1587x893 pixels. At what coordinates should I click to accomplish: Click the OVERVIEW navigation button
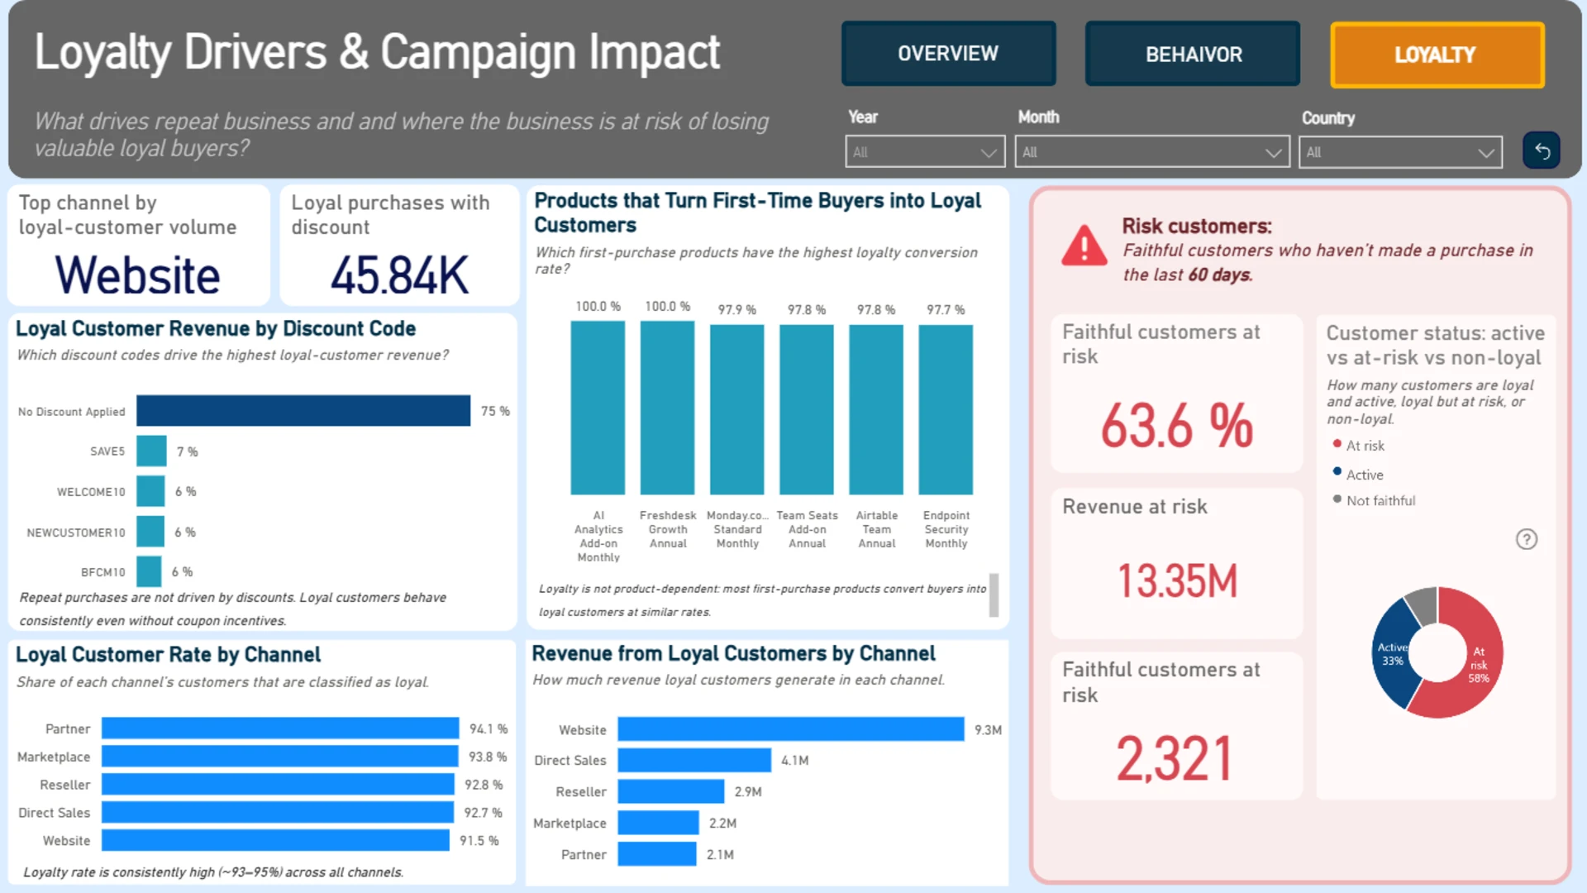948,54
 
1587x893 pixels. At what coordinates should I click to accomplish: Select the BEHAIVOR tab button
1193,55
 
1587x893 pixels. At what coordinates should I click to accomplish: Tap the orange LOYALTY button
1437,55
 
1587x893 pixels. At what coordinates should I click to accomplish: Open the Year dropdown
925,152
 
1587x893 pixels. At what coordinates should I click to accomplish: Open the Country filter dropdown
1400,152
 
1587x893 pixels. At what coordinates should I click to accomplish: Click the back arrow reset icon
1542,150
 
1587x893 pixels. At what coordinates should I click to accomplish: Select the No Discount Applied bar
303,411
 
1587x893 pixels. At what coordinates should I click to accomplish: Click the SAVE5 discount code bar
151,451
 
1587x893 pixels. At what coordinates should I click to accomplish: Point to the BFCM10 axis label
103,572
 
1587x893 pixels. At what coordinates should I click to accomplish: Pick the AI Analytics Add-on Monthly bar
598,408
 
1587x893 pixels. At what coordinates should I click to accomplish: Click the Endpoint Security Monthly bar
946,410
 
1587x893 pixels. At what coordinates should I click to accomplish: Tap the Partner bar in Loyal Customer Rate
280,728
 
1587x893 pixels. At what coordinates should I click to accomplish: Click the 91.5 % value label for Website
479,841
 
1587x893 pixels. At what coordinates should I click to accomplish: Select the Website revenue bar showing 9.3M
791,729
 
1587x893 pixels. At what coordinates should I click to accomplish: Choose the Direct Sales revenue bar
694,760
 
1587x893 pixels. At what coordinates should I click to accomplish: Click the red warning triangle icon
1084,246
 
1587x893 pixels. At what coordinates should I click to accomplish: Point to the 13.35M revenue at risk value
1177,580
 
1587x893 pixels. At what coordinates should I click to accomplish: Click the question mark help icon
1527,539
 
